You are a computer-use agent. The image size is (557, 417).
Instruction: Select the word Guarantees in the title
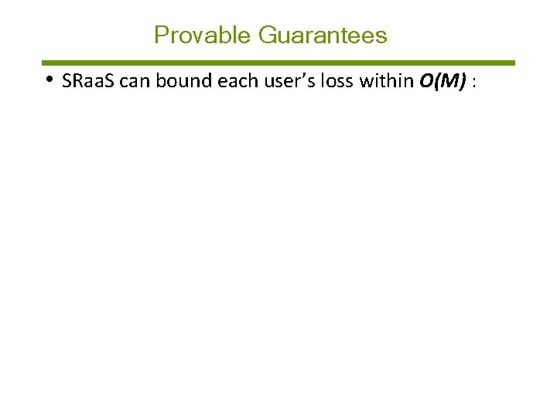click(x=323, y=36)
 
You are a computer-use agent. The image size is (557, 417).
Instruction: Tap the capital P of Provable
click(x=161, y=36)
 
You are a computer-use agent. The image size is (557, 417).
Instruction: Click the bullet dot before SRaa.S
click(x=49, y=79)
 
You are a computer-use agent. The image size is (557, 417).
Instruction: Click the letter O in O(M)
click(x=427, y=81)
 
